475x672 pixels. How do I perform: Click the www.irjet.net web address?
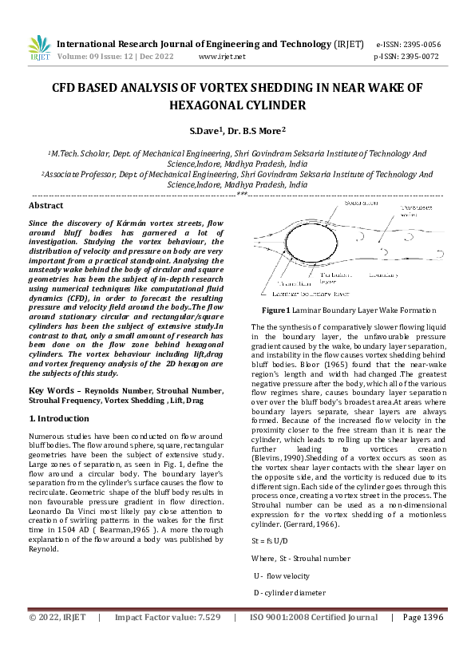222,57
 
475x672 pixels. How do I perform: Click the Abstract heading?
46,205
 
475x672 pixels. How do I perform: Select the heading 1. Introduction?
59,418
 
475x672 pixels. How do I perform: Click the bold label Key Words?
52,389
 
